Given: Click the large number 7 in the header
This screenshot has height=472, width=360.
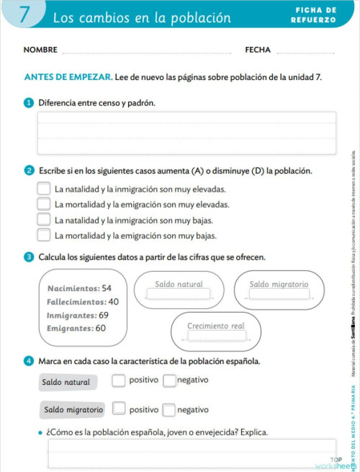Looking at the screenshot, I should pyautogui.click(x=24, y=16).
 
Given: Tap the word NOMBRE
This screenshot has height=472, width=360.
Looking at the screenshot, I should pyautogui.click(x=40, y=50).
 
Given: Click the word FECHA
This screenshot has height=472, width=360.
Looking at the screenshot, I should pyautogui.click(x=258, y=50).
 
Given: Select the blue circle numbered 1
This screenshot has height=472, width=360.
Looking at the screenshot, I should pyautogui.click(x=29, y=103).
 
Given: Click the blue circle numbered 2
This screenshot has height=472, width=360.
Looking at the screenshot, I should pyautogui.click(x=29, y=171).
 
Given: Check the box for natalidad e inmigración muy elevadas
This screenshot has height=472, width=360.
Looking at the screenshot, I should pyautogui.click(x=44, y=189).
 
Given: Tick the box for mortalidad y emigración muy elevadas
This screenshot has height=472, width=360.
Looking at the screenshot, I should pyautogui.click(x=44, y=204).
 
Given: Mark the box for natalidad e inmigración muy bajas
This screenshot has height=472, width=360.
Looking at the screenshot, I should pyautogui.click(x=44, y=219).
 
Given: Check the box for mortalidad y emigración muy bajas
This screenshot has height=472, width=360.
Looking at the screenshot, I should pyautogui.click(x=44, y=234).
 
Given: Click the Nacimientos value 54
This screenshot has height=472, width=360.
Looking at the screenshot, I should pyautogui.click(x=107, y=288).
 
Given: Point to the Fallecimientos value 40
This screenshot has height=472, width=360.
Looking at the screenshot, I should pyautogui.click(x=114, y=302).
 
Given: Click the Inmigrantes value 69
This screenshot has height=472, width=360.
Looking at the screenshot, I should pyautogui.click(x=104, y=315).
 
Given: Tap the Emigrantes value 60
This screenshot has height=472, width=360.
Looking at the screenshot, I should pyautogui.click(x=101, y=329).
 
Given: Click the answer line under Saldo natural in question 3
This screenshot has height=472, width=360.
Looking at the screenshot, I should pyautogui.click(x=179, y=295).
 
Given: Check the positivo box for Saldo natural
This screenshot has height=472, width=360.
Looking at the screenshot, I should pyautogui.click(x=119, y=380).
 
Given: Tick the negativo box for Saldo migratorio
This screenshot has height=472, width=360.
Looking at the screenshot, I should pyautogui.click(x=168, y=410).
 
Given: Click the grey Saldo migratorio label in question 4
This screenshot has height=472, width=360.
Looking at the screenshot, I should pyautogui.click(x=73, y=410).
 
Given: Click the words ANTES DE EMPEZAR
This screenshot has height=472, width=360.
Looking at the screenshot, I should pyautogui.click(x=68, y=76).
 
